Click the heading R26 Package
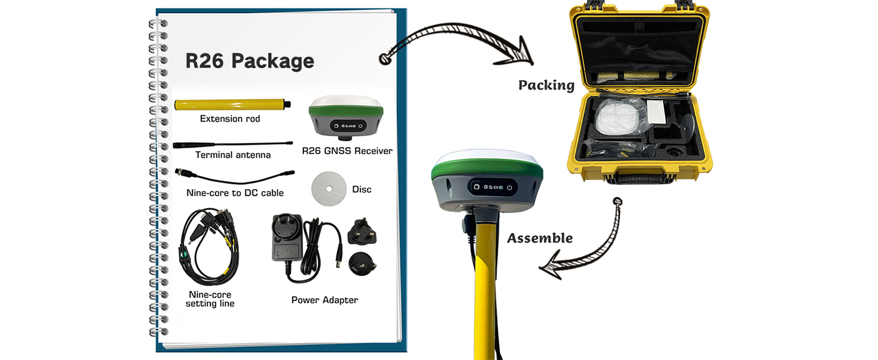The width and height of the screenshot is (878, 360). (x=249, y=61)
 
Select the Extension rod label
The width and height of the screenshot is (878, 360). (x=230, y=119)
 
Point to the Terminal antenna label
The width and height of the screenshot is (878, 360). (x=233, y=155)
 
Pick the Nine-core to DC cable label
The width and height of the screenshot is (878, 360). (x=235, y=193)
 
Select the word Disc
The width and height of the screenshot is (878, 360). (x=362, y=190)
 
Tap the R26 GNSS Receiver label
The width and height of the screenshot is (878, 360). (x=347, y=151)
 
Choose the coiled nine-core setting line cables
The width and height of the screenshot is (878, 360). (x=209, y=246)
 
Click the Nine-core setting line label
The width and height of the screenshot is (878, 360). (x=210, y=299)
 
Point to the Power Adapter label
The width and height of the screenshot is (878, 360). (x=324, y=300)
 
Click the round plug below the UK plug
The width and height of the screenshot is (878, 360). (x=363, y=262)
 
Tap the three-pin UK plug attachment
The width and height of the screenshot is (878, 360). (x=361, y=230)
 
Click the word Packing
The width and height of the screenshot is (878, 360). (x=546, y=85)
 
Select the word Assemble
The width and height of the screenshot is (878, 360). (x=540, y=238)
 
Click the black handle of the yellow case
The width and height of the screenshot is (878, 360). (x=639, y=178)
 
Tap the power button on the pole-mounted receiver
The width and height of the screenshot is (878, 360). (x=509, y=188)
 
